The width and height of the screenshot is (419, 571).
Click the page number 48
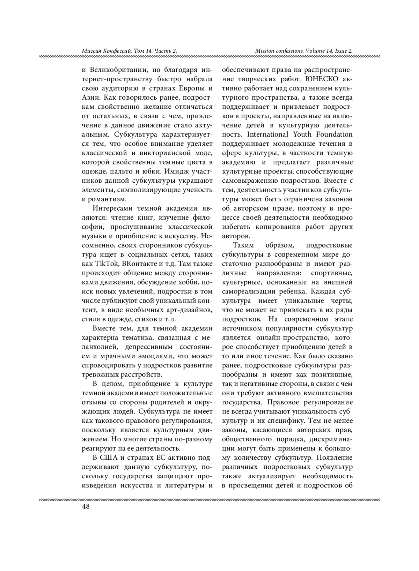(86, 507)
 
